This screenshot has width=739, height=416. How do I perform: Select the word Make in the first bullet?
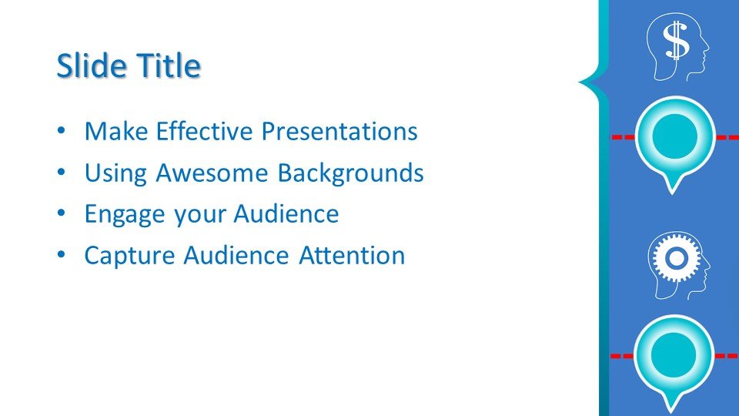(x=116, y=131)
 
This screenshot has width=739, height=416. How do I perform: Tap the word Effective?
(x=205, y=131)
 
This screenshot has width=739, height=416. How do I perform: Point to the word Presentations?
(x=339, y=131)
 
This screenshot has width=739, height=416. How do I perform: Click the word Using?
(x=115, y=173)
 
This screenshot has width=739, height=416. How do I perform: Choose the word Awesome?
(x=212, y=172)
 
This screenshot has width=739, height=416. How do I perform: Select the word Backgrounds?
(x=350, y=172)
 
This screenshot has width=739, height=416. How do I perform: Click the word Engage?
(x=125, y=214)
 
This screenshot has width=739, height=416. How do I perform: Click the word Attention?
(x=352, y=255)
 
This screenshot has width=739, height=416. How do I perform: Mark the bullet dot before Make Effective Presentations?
(x=62, y=131)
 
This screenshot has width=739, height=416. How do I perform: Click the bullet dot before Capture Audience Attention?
(x=62, y=255)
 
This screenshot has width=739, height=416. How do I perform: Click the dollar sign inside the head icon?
(x=677, y=41)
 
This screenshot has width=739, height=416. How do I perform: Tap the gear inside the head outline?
(x=676, y=258)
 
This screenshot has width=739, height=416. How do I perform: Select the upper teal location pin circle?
(x=674, y=136)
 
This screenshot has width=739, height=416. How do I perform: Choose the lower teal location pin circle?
(x=674, y=354)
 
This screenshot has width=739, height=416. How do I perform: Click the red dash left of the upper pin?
(x=623, y=137)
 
